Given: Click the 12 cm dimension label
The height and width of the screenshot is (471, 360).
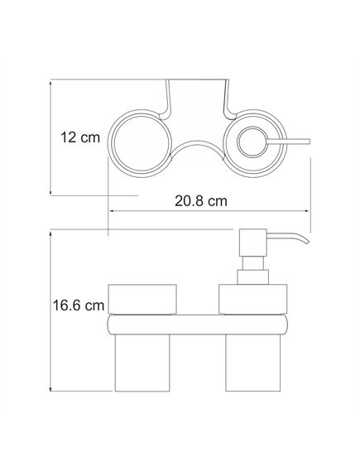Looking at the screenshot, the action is pos(80,137).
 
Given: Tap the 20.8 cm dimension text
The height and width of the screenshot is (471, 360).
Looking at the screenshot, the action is pos(201,200).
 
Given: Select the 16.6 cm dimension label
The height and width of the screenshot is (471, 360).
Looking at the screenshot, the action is pos(79,305).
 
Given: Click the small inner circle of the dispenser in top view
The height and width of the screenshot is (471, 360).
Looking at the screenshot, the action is pos(252,142).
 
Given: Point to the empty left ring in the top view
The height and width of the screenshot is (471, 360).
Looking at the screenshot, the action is pos(112,143).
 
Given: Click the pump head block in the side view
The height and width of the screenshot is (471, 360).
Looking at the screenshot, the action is pos(252,243).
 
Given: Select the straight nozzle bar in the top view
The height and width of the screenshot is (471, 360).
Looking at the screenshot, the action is pos(288,142).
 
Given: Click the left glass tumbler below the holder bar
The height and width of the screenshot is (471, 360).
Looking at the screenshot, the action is pos(142,363).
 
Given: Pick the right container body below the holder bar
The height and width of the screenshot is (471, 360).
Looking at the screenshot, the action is pos(252,363).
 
